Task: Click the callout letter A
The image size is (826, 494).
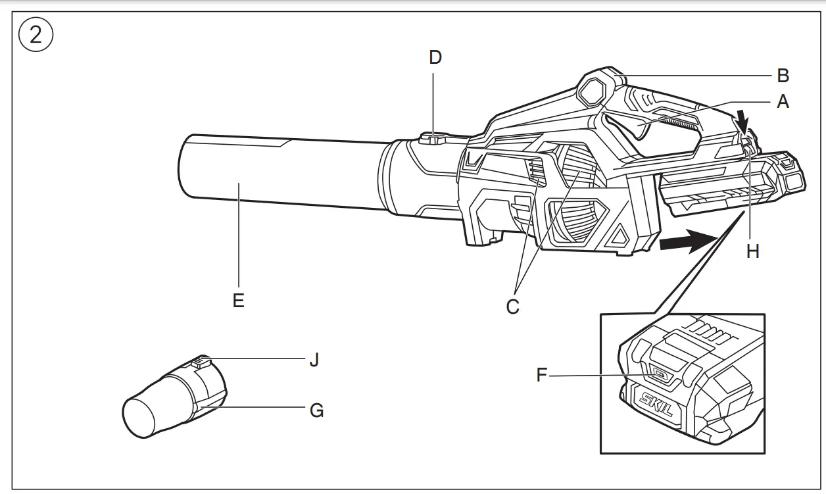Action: coord(783,102)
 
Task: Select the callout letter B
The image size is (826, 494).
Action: coord(783,76)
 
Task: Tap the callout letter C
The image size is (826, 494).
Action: coord(513,307)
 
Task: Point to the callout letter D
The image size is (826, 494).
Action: coord(435,57)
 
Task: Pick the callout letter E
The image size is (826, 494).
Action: coord(238,301)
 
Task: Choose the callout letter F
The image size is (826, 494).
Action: coord(542,376)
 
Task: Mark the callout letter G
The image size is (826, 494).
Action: coord(317,411)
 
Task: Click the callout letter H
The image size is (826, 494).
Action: coord(753,251)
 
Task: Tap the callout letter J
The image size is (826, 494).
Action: coord(314,360)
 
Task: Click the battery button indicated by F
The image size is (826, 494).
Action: coord(658,375)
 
